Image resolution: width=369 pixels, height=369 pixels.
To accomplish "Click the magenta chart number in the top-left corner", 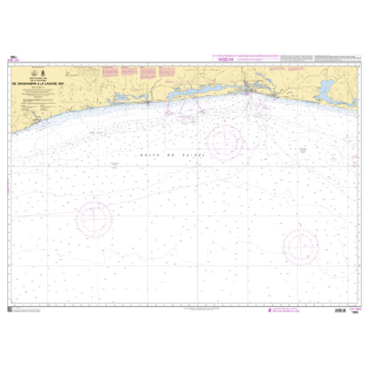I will (11, 59).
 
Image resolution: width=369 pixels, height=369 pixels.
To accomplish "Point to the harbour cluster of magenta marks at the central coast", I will (249, 93).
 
